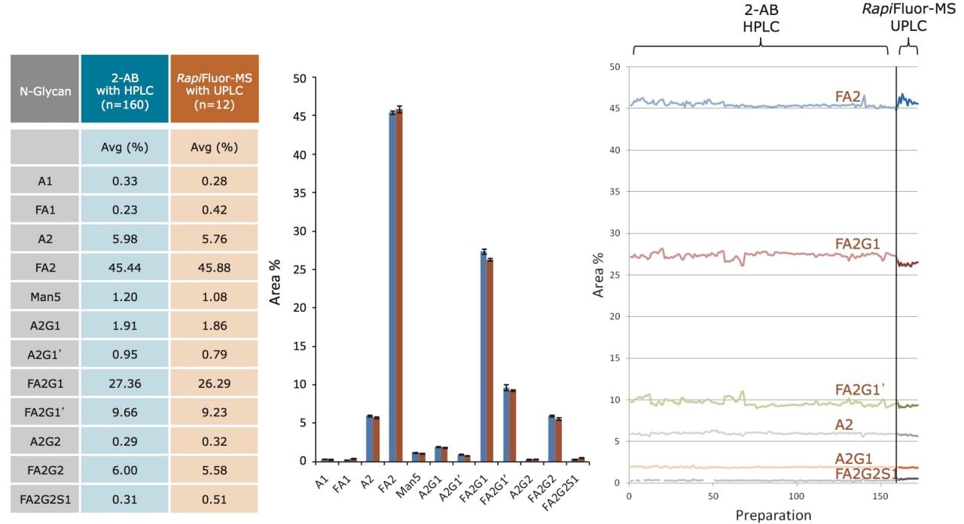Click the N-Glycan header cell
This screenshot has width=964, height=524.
44,89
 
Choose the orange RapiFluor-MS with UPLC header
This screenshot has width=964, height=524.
215,89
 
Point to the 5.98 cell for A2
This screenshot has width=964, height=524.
124,240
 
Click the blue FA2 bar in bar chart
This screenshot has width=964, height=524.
393,286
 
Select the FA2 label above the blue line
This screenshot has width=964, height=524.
848,96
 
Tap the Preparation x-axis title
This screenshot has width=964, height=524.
773,516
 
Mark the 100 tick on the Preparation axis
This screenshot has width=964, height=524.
797,497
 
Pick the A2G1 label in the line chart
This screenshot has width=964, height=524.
854,459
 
